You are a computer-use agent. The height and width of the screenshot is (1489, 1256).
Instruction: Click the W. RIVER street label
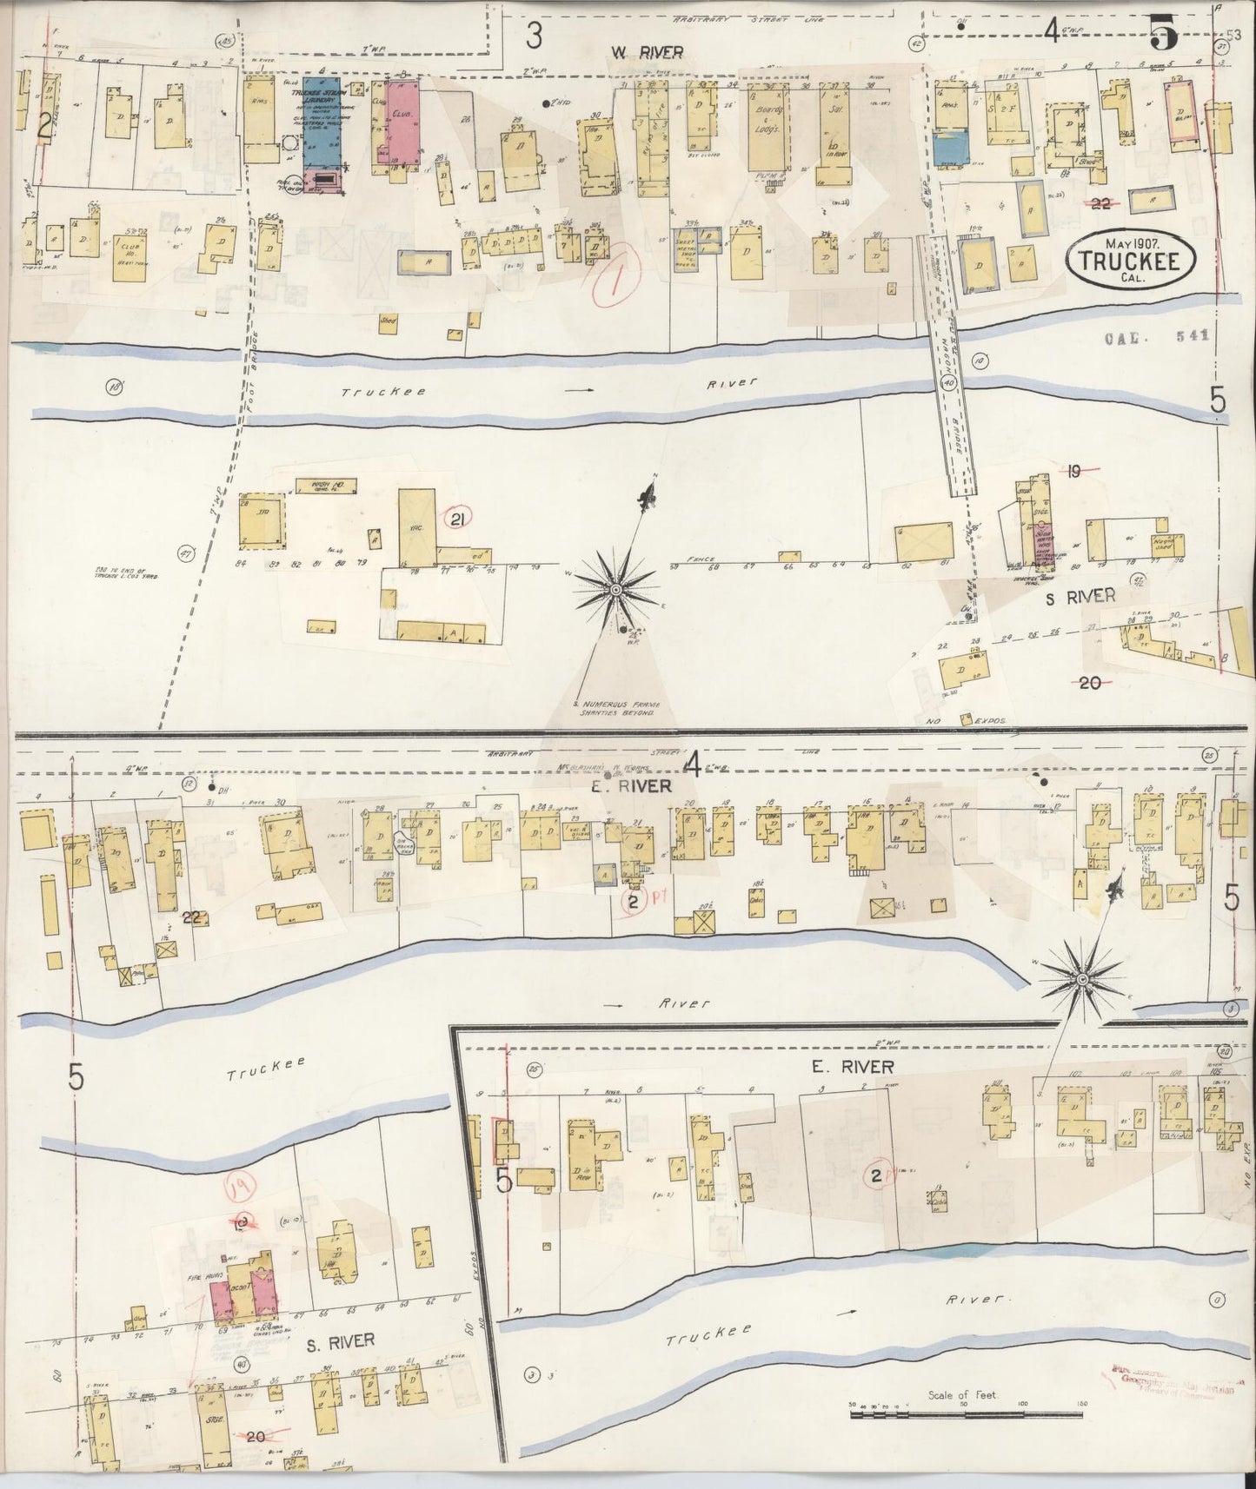tap(646, 53)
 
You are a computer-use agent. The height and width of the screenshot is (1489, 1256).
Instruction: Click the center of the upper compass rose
tap(615, 590)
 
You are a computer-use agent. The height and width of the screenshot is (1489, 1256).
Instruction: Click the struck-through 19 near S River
tap(1074, 472)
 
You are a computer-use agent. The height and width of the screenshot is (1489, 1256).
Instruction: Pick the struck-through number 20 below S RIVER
tap(1088, 683)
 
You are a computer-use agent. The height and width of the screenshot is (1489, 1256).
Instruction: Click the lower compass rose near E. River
tap(1083, 979)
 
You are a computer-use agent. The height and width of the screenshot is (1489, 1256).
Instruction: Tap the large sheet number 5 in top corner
tap(1163, 35)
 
